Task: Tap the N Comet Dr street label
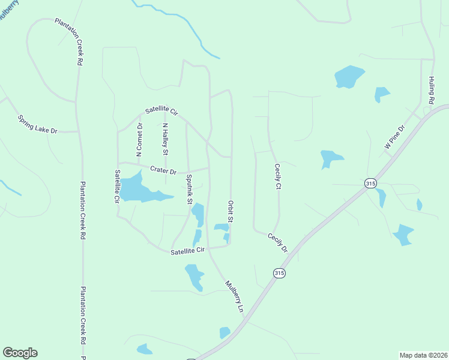[139, 140]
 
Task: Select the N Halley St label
[165, 140]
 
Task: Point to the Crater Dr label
[163, 171]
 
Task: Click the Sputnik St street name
[188, 189]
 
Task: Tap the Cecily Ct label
[277, 177]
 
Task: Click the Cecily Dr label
[278, 243]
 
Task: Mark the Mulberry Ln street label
[235, 296]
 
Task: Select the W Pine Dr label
[395, 137]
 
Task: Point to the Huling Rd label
[431, 91]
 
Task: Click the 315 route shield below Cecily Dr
[279, 273]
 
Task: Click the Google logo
[20, 353]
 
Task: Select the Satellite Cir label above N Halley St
[162, 112]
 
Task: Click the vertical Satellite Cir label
[117, 187]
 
